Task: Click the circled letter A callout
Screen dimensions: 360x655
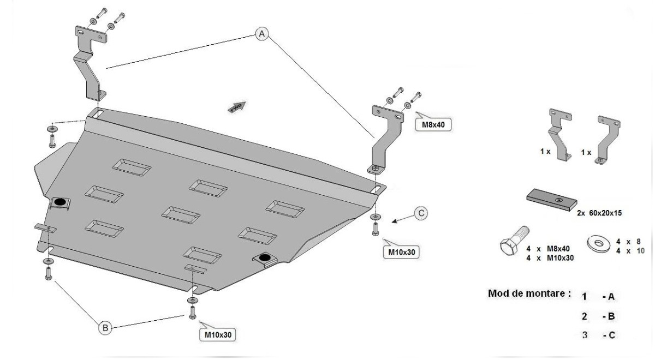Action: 262,34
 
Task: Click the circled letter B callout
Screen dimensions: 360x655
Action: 105,328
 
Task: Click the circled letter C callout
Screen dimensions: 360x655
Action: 420,214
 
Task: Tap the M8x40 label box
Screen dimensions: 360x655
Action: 433,125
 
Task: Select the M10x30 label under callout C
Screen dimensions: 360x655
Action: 401,253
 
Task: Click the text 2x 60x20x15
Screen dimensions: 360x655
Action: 598,213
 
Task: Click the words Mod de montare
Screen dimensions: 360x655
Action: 529,293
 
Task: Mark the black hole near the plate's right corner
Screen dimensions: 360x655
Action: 265,257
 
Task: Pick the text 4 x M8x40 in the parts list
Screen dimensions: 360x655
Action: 549,248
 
